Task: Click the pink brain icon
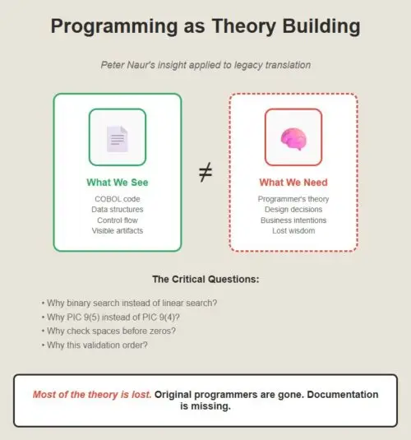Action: (x=293, y=139)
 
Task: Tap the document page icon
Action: (x=118, y=139)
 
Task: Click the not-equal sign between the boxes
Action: (x=205, y=172)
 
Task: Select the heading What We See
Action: (x=118, y=183)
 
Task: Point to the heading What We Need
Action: (x=293, y=183)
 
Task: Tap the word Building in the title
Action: (x=321, y=26)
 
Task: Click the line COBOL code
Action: (x=118, y=199)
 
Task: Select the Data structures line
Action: (x=118, y=210)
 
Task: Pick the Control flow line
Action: (x=118, y=220)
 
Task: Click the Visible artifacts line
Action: (x=118, y=230)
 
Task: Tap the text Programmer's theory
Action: (x=293, y=199)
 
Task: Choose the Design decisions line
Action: (x=293, y=210)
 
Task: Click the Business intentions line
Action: (x=293, y=220)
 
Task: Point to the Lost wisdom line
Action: (x=293, y=230)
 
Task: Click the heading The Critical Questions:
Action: (x=205, y=279)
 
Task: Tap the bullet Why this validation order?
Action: (x=95, y=345)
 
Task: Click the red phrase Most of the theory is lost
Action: (x=92, y=395)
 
